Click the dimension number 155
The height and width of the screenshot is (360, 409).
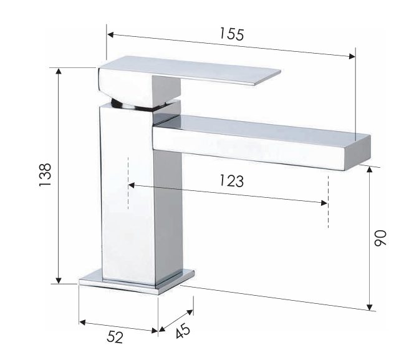(x=232, y=34)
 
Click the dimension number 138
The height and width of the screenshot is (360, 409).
(x=46, y=175)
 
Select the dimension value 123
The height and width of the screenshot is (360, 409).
(x=232, y=181)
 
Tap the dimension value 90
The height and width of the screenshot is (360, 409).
(x=380, y=238)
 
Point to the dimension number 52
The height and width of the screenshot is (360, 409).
(x=115, y=337)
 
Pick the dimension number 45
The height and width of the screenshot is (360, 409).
(x=183, y=331)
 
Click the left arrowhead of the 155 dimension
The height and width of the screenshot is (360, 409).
(x=110, y=35)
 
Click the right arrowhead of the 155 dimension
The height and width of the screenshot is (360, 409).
(x=352, y=56)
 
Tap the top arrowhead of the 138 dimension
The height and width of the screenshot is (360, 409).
(x=59, y=71)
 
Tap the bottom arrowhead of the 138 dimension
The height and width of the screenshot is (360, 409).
(x=59, y=280)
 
